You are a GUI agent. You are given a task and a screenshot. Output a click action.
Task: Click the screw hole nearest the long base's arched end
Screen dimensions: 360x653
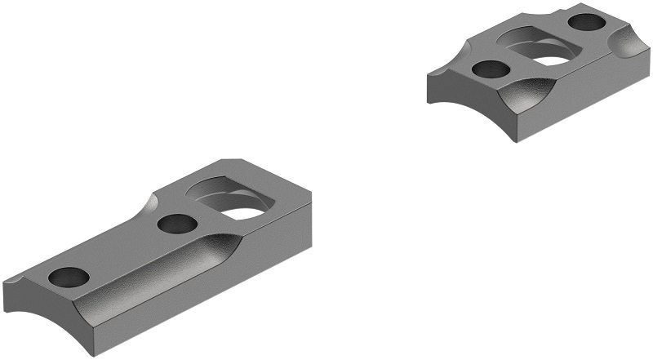click(69, 278)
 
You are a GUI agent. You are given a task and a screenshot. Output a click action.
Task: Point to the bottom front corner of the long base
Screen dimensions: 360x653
click(103, 353)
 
